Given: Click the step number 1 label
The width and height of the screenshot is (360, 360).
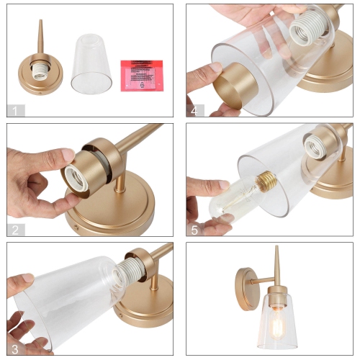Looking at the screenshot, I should coord(15,110).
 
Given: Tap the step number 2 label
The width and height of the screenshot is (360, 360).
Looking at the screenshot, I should coord(15,230).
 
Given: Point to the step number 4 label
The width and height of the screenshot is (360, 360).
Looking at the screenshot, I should coord(195,110).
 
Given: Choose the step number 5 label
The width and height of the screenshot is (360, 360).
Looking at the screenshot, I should coord(195,230).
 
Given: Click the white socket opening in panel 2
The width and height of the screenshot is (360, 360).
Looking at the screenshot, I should coord(75,179).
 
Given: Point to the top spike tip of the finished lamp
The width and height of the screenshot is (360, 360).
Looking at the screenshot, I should coord(276,249).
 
